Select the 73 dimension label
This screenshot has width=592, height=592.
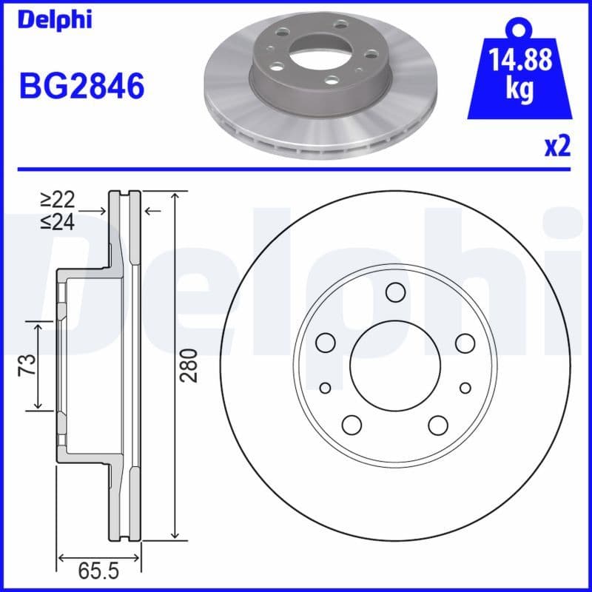point(27,366)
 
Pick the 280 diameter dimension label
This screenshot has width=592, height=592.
point(190,365)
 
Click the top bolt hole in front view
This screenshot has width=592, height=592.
point(395,294)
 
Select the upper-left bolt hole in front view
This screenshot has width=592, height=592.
point(326,343)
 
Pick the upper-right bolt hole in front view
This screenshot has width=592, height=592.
point(465,343)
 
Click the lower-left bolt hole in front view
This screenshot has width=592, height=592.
point(351,424)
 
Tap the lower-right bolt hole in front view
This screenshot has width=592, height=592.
point(438,424)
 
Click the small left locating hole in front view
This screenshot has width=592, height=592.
point(325,388)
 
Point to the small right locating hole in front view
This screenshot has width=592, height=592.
point(465,388)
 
